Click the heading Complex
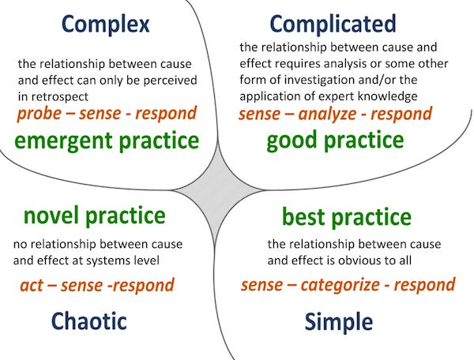(106, 24)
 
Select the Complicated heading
(333, 24)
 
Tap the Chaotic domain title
(88, 321)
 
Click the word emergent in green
(64, 141)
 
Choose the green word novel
(51, 216)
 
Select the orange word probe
(39, 114)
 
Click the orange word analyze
(327, 114)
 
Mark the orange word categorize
(340, 286)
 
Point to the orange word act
(32, 286)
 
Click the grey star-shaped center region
(217, 190)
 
